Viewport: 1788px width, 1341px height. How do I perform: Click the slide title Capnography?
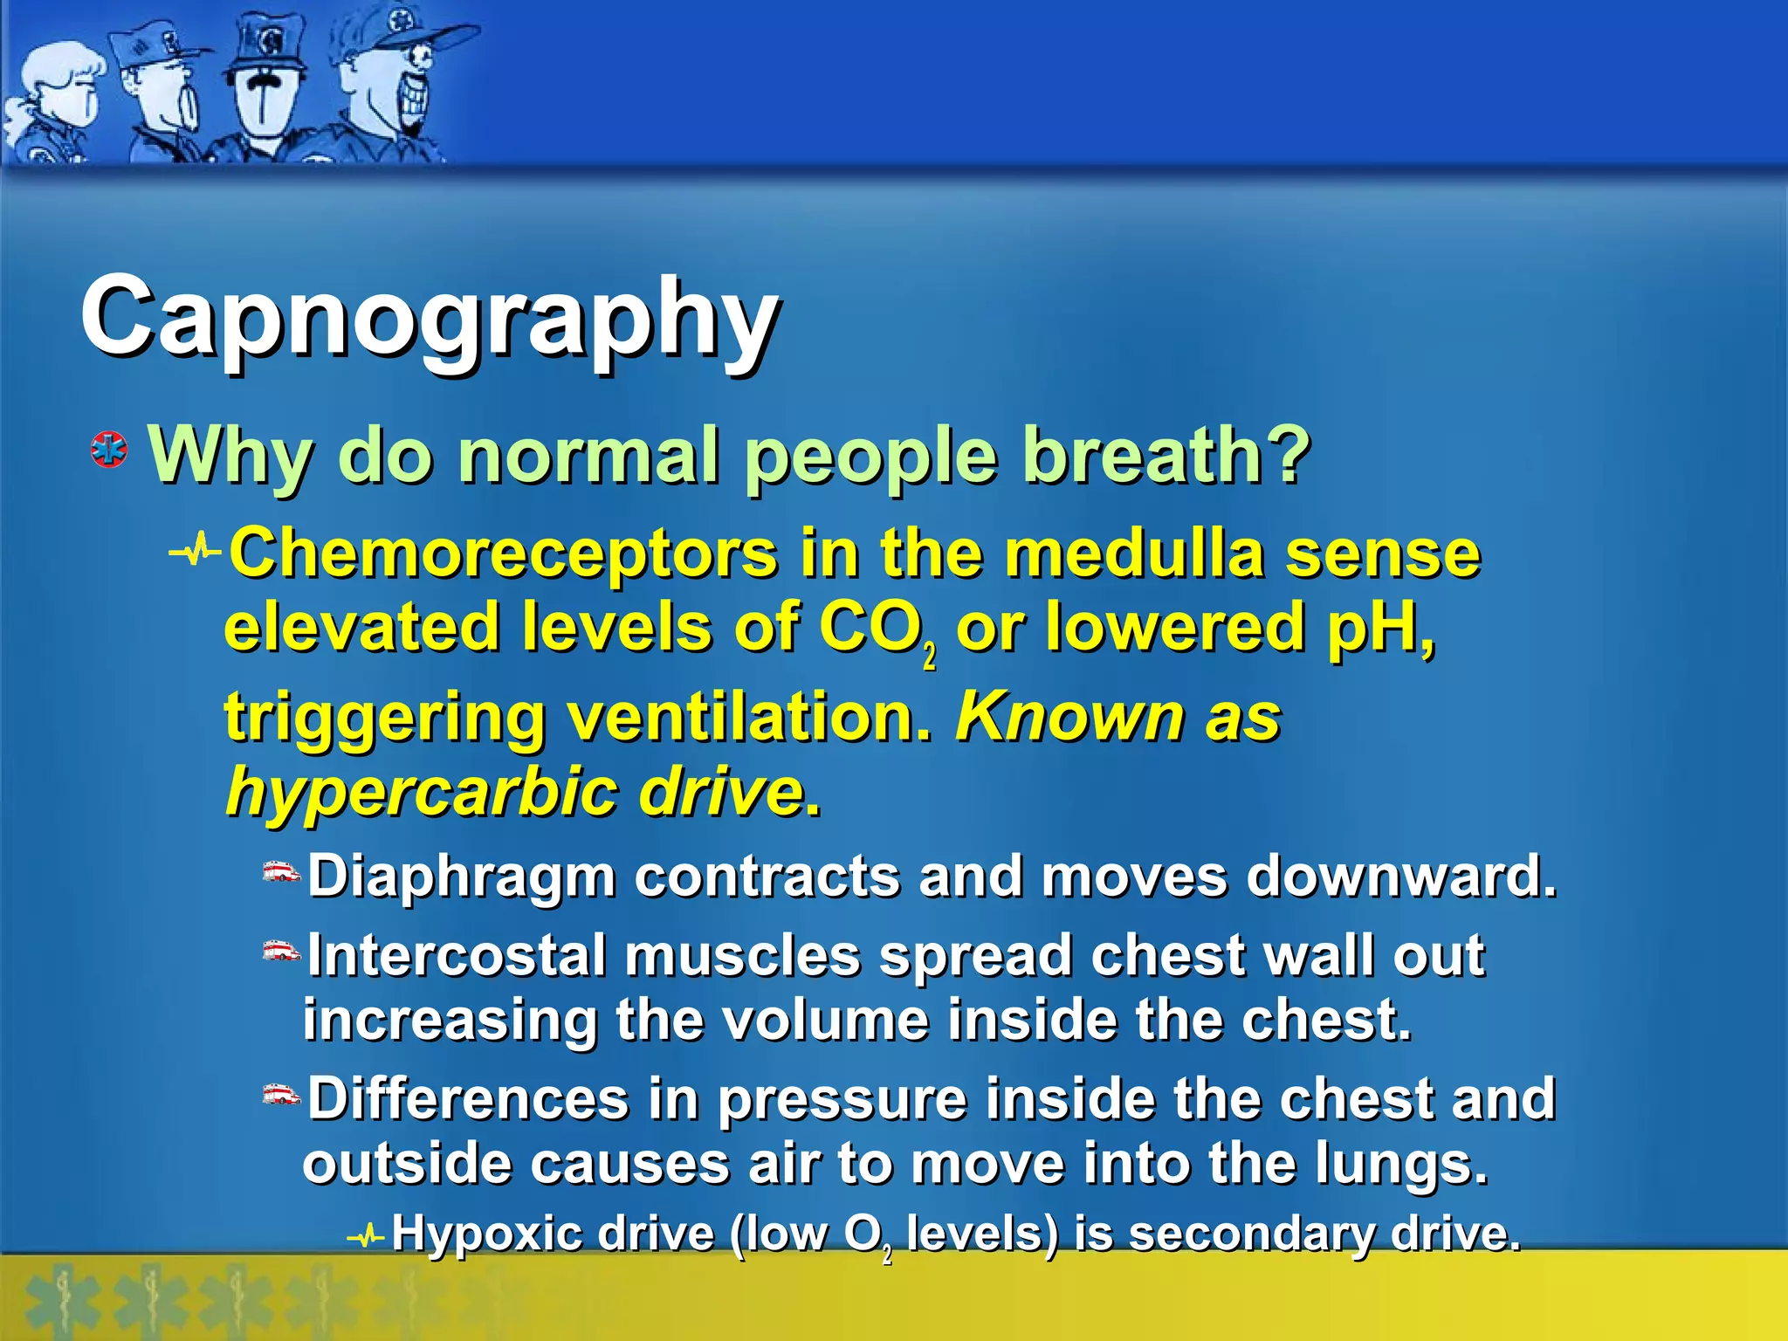pyautogui.click(x=430, y=319)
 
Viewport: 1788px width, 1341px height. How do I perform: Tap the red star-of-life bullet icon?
pyautogui.click(x=109, y=450)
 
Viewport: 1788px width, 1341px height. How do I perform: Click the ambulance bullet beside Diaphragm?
pyautogui.click(x=282, y=872)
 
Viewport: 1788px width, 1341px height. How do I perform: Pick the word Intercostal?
pyautogui.click(x=456, y=956)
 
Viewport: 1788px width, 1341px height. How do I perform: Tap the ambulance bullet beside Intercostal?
pyautogui.click(x=282, y=951)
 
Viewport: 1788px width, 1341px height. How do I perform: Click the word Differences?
pyautogui.click(x=468, y=1098)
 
